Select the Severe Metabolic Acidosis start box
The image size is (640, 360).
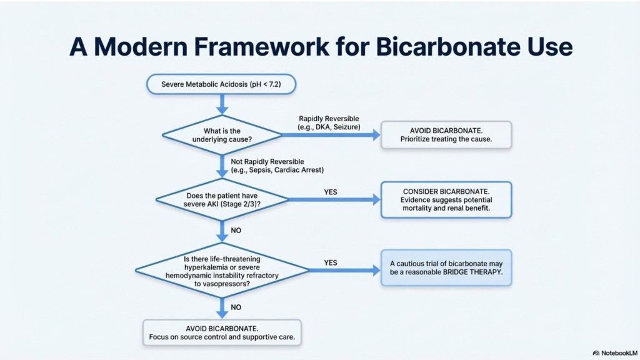coord(221,84)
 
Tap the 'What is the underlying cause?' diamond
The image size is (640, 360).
coord(221,134)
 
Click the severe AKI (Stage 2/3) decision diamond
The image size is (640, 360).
coord(221,199)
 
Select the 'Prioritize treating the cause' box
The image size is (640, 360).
coord(446,134)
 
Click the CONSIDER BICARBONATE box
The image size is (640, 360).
coord(446,199)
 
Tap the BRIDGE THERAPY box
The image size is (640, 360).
coord(446,270)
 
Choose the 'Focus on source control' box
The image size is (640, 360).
coord(222,333)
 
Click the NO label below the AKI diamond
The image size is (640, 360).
coord(236,230)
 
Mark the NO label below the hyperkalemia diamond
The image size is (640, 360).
coord(236,307)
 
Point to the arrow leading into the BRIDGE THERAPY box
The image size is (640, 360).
coord(344,271)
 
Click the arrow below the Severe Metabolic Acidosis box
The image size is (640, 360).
coord(221,103)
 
